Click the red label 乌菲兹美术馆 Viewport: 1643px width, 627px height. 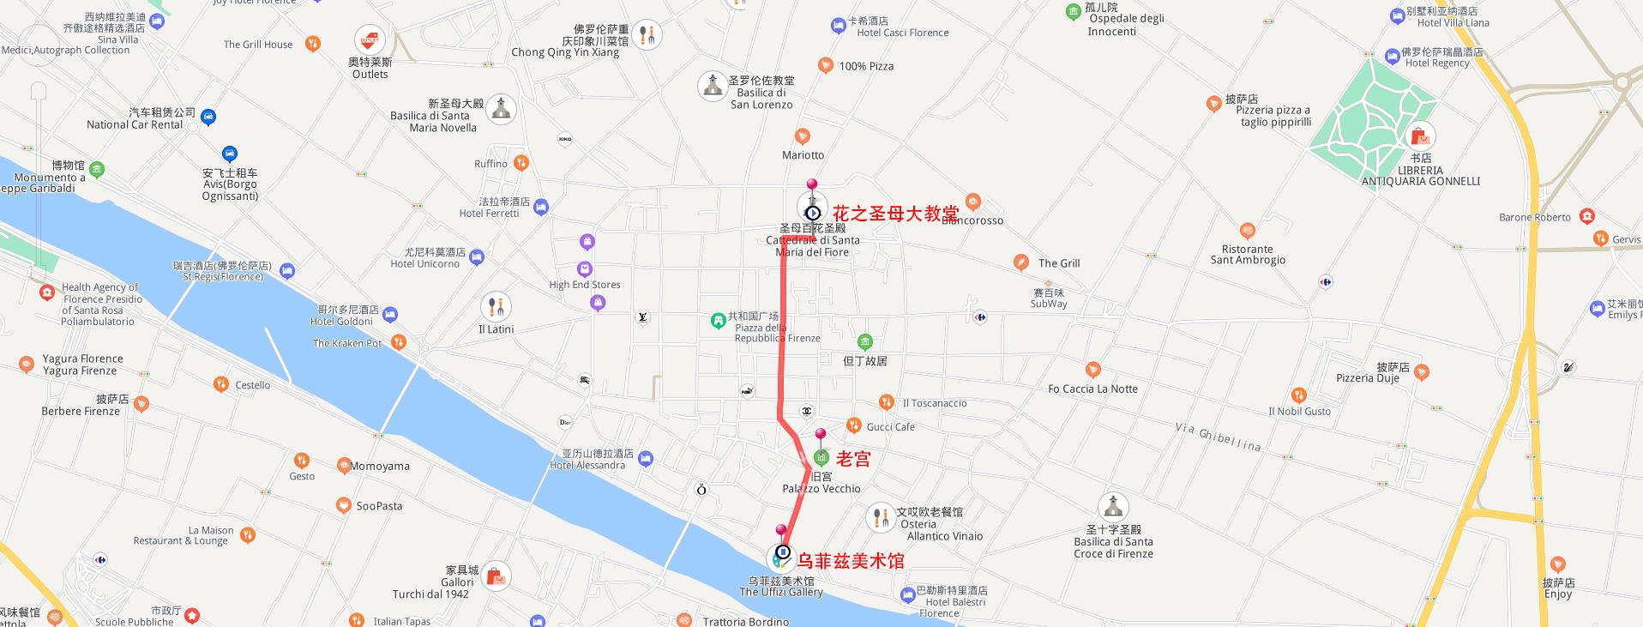point(851,561)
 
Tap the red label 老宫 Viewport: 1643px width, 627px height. point(853,459)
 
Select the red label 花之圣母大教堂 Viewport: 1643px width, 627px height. point(895,214)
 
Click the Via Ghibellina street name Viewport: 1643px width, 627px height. point(1218,437)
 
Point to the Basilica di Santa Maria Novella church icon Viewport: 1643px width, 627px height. point(502,109)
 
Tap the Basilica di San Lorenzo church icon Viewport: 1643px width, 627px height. point(712,86)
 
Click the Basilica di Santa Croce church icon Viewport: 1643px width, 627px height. point(1113,507)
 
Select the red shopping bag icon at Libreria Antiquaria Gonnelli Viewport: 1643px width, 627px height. point(1420,136)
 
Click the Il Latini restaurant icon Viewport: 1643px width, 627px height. point(496,307)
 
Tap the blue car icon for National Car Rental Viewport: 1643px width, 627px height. point(208,118)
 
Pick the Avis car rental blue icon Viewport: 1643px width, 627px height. point(229,154)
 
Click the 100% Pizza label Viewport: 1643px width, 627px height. point(866,66)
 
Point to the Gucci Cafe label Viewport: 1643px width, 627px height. point(890,426)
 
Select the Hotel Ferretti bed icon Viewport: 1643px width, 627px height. point(540,207)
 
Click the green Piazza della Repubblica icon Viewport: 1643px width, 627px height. point(718,321)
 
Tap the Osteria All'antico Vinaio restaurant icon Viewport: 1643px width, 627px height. point(881,517)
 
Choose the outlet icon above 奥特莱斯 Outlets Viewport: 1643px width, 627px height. point(370,40)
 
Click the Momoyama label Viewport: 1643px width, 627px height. point(380,466)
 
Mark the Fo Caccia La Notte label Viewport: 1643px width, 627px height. point(1092,389)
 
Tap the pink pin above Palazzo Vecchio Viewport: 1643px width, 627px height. point(821,435)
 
